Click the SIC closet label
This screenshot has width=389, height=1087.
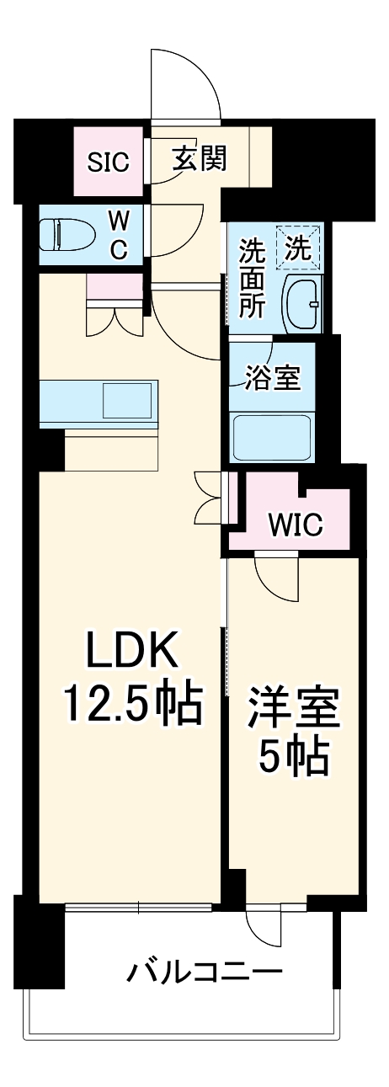coord(109,162)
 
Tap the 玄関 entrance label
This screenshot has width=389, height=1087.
coord(200,158)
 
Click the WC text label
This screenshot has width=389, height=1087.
coord(120,235)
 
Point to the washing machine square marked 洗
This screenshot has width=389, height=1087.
coord(301,248)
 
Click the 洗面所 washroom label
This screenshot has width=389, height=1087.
coord(251,278)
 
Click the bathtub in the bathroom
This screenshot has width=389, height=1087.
coord(273,436)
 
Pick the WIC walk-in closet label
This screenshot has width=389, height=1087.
coord(295,525)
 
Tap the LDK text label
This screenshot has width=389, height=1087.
coord(131,652)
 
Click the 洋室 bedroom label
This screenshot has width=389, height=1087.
coord(292,709)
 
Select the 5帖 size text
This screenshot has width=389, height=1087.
coord(292,759)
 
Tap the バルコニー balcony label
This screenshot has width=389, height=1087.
coord(204,974)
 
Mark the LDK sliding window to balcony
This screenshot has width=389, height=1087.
coord(139,908)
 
